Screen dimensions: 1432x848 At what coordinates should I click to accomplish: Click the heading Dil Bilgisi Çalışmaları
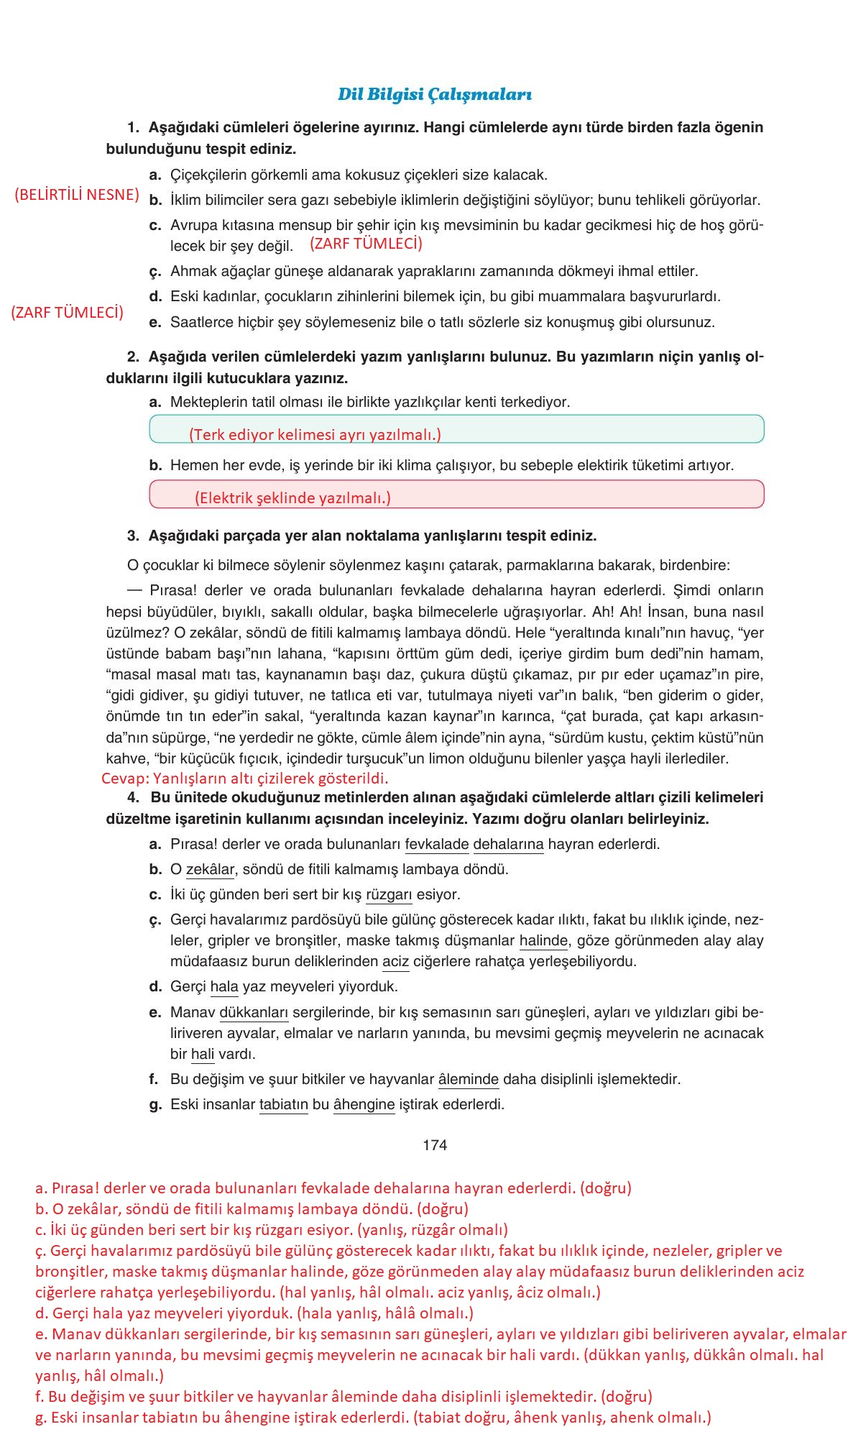(x=434, y=94)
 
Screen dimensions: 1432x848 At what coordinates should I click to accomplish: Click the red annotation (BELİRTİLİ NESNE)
(x=76, y=194)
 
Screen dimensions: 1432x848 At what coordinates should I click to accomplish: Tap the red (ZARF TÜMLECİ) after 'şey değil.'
(x=366, y=243)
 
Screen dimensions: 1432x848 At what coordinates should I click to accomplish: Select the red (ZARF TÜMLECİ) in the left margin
(x=67, y=312)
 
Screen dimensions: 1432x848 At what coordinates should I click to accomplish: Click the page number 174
(x=435, y=1144)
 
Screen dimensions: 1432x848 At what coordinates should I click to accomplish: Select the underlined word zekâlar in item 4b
(x=210, y=869)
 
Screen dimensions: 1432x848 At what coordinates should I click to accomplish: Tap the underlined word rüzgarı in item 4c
(x=389, y=894)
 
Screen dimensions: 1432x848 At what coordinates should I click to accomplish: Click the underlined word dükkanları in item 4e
(x=253, y=1012)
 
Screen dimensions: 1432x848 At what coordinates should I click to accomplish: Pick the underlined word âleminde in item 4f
(x=468, y=1079)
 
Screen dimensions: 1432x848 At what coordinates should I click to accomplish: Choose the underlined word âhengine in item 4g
(x=364, y=1104)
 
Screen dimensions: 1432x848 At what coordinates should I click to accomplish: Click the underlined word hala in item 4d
(x=223, y=987)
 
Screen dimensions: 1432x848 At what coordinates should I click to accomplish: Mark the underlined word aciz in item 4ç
(x=395, y=962)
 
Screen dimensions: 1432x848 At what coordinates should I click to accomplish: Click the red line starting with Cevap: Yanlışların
(x=244, y=778)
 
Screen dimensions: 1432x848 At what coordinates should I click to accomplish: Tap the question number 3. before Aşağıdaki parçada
(x=133, y=536)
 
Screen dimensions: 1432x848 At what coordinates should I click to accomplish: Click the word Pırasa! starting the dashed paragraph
(x=173, y=590)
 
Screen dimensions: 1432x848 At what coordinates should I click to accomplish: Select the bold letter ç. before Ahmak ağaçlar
(x=155, y=272)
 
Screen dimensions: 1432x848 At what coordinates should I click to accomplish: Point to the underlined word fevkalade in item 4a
(x=436, y=844)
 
